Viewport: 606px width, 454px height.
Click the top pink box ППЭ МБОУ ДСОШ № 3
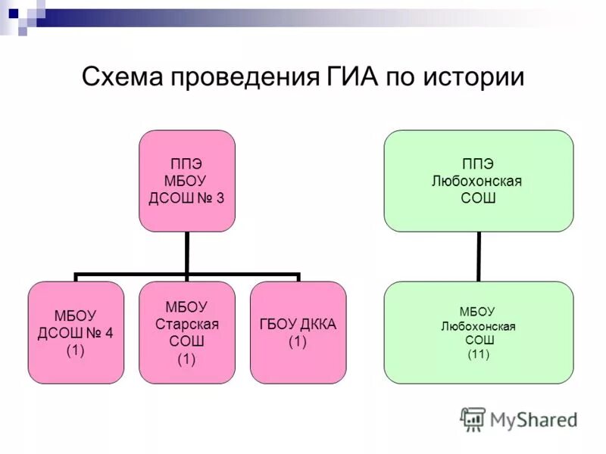187,181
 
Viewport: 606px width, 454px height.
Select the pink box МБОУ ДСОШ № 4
76,332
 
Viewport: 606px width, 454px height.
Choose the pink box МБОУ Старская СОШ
187,332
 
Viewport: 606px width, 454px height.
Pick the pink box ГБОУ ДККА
298,332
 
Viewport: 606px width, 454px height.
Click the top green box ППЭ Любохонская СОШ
478,181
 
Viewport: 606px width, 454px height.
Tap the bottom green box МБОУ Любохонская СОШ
478,332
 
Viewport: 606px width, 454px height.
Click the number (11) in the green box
478,355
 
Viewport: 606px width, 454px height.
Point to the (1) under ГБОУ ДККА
298,341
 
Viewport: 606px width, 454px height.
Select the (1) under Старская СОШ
187,359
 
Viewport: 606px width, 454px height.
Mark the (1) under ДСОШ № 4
76,350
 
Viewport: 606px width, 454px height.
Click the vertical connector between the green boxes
478,257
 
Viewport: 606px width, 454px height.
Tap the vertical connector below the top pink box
187,253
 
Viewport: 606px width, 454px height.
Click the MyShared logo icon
473,418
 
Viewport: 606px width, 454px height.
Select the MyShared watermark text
534,418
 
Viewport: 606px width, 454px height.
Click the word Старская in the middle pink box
187,323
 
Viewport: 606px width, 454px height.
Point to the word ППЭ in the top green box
478,164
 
